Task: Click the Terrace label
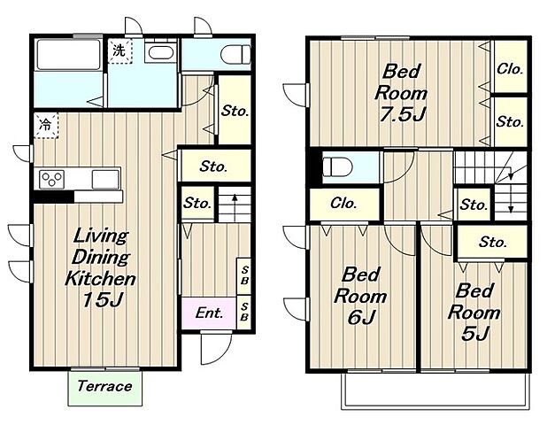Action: (x=104, y=386)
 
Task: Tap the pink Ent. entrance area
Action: (x=209, y=313)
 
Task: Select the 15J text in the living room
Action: (x=102, y=299)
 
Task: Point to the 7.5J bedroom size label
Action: (x=402, y=113)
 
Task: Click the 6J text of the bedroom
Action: (x=361, y=317)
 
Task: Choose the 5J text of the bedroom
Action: (x=474, y=333)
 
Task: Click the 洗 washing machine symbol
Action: (x=119, y=51)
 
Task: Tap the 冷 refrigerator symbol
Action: (x=46, y=125)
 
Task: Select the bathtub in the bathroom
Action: (x=69, y=54)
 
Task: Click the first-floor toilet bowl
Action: (x=235, y=54)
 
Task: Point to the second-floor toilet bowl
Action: (x=337, y=166)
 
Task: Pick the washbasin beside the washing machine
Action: (x=161, y=51)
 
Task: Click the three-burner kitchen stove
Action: (x=51, y=179)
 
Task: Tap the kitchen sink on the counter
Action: (x=105, y=180)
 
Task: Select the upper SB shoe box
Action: (x=243, y=275)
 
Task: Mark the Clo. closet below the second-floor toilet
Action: (x=344, y=204)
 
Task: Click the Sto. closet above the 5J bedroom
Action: (x=492, y=242)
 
